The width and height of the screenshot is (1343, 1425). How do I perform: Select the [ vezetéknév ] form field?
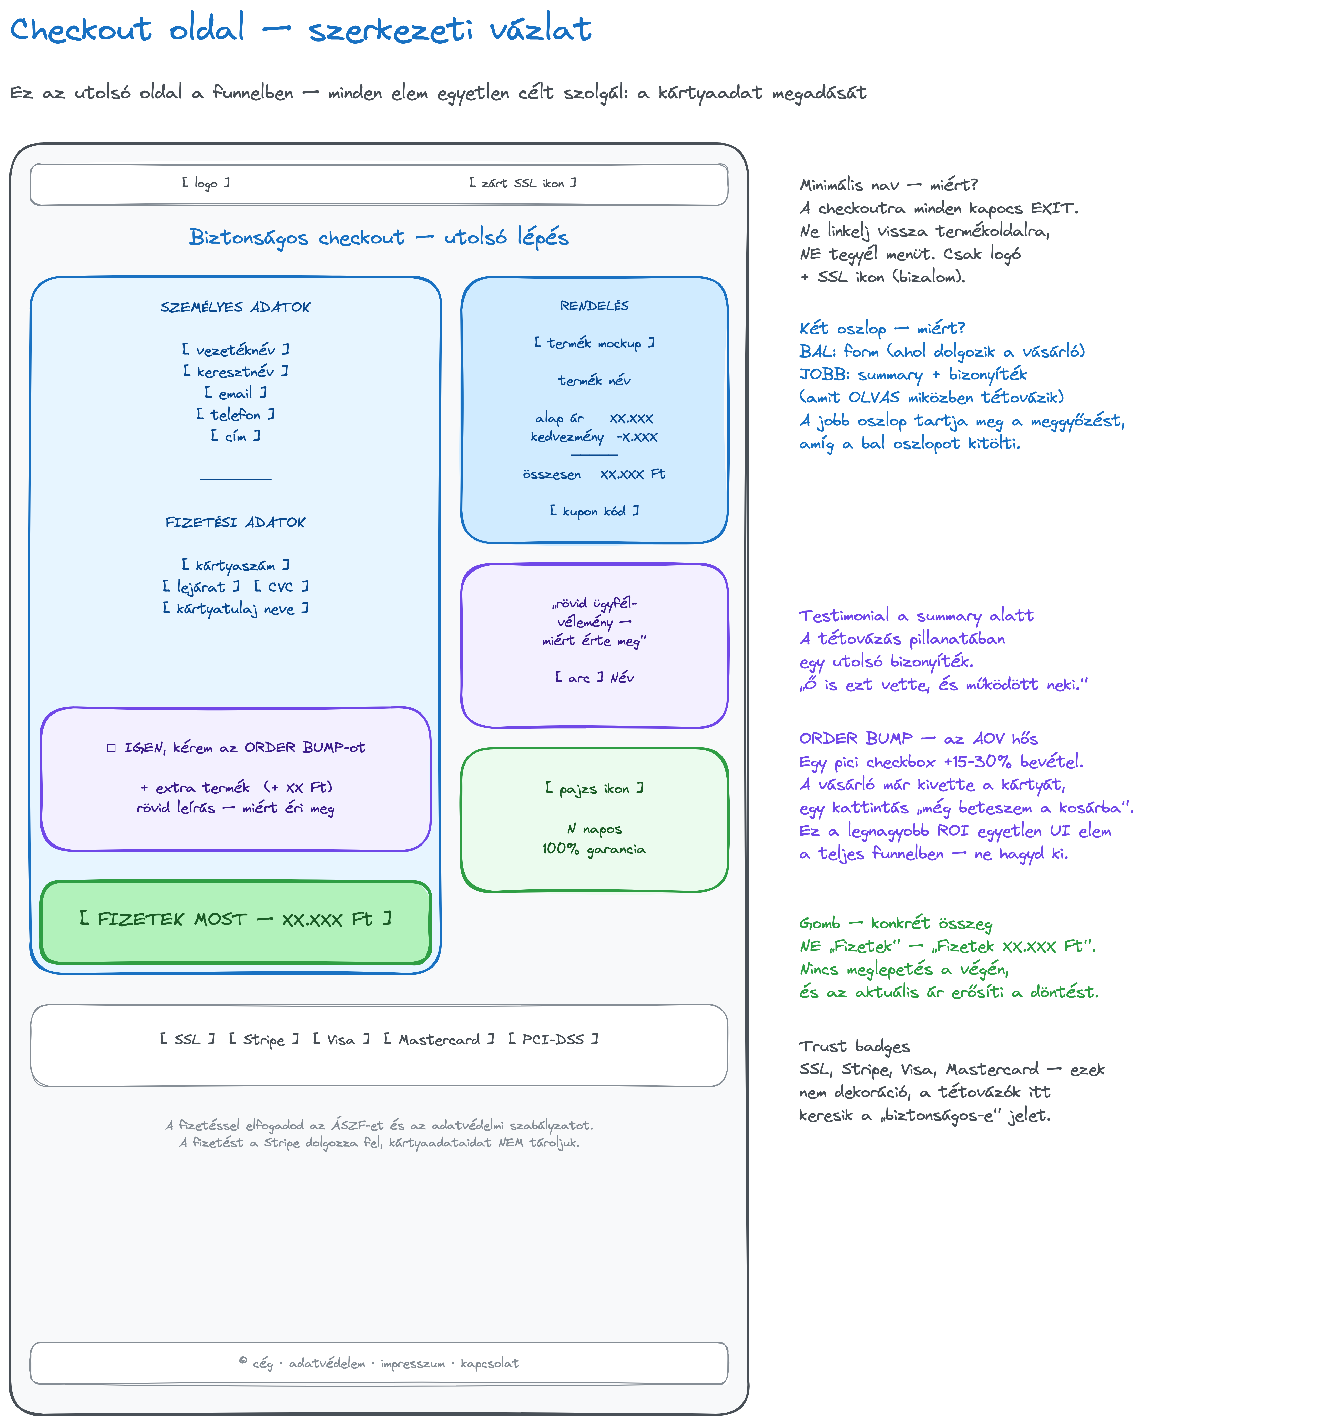[235, 350]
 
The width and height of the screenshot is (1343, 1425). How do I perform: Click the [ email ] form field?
[235, 393]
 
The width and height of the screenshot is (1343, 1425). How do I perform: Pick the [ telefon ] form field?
[235, 414]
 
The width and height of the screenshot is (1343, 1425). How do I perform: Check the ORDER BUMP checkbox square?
[111, 748]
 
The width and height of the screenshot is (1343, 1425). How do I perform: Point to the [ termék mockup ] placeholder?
[594, 343]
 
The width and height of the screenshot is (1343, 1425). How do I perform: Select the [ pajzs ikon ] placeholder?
[594, 788]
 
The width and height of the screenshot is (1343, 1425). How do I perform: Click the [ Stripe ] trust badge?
[264, 1039]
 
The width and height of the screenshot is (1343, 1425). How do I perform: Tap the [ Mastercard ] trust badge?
[439, 1039]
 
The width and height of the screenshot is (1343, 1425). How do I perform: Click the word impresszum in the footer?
[413, 1363]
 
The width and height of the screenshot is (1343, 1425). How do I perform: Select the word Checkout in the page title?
[81, 29]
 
